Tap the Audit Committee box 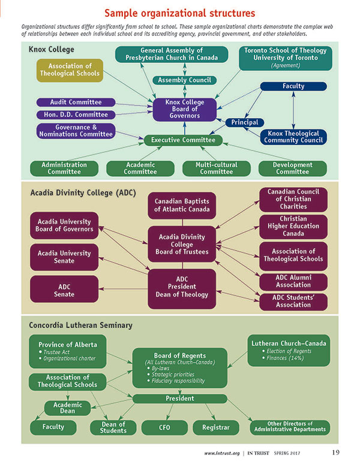[x=75, y=103]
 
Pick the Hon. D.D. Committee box [x=75, y=115]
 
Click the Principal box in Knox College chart [x=245, y=122]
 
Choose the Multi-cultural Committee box [x=217, y=168]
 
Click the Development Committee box [x=293, y=168]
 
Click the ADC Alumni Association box [x=293, y=282]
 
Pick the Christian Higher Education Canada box [x=293, y=228]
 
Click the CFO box [x=164, y=427]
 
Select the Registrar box [x=217, y=427]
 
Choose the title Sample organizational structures [x=179, y=12]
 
